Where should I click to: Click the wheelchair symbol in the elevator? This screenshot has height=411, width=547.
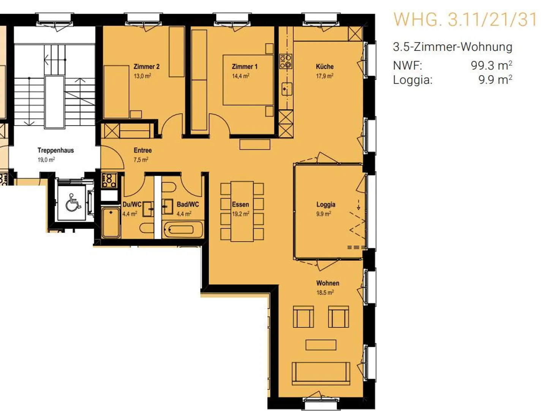click(73, 202)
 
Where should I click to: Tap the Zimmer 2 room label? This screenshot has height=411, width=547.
click(147, 66)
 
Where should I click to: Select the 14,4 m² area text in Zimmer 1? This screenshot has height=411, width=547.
click(241, 76)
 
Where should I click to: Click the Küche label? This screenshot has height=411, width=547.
click(325, 66)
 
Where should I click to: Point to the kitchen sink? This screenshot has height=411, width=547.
click(287, 89)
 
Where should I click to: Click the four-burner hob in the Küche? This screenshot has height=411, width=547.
click(286, 61)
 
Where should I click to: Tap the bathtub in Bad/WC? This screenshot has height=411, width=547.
click(183, 229)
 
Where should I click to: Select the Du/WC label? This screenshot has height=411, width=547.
click(132, 204)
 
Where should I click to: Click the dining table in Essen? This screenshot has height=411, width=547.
click(242, 211)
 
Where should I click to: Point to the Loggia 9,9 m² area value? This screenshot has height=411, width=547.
click(324, 214)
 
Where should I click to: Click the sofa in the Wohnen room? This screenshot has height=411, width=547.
click(321, 374)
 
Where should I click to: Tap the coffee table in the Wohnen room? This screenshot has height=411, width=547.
click(321, 345)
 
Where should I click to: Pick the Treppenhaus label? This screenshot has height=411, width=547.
click(56, 150)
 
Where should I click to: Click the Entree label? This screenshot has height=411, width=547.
click(143, 150)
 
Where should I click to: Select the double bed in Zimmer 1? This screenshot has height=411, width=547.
click(248, 80)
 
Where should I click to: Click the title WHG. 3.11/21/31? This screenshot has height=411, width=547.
click(465, 19)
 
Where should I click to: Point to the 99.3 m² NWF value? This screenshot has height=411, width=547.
click(492, 65)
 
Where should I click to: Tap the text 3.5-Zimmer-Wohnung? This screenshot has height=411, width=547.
click(452, 47)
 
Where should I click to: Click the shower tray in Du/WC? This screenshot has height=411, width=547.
click(111, 222)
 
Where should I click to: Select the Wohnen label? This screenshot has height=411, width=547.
click(328, 283)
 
